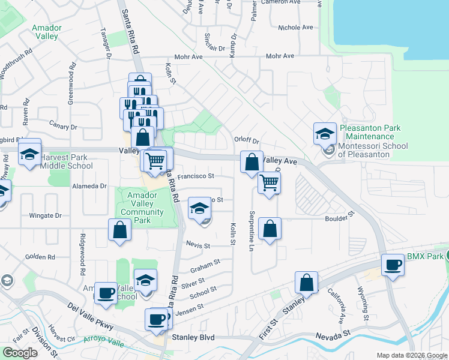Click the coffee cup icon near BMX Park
coord(394,265)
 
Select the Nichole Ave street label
coord(296,28)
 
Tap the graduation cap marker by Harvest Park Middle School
coord(29,154)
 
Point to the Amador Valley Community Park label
coord(142,208)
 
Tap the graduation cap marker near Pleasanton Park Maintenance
coord(325,134)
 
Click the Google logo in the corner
coord(20,353)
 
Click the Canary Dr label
coord(66,127)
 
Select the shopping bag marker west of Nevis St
coord(119,230)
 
